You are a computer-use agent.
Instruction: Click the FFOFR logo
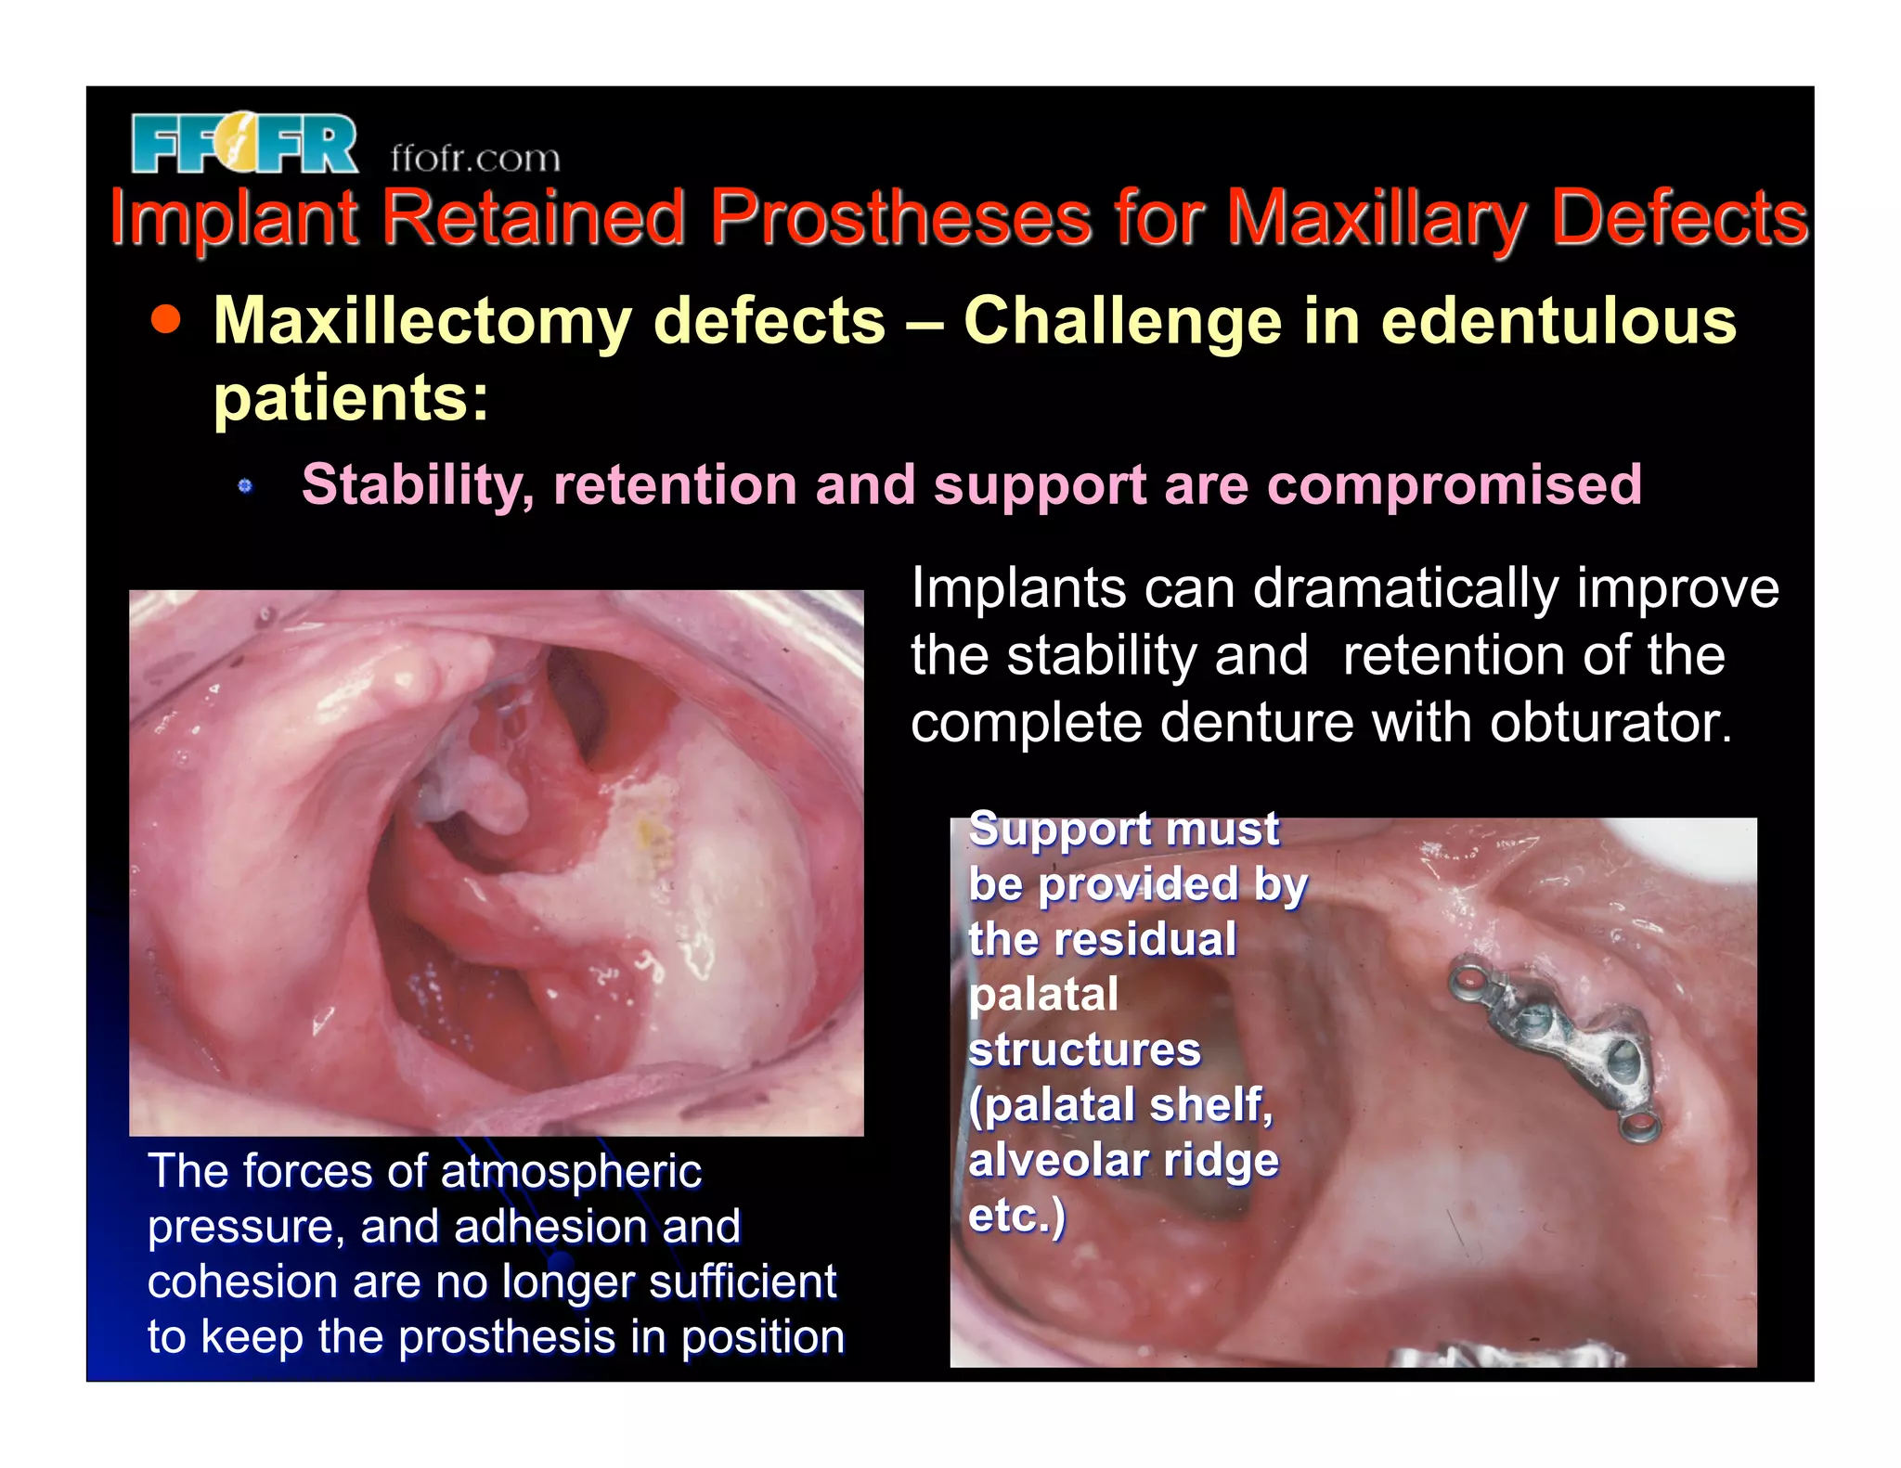click(x=244, y=144)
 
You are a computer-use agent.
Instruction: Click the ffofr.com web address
click(x=475, y=159)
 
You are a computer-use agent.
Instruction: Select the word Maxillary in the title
click(x=1377, y=220)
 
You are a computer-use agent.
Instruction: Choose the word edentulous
click(x=1558, y=321)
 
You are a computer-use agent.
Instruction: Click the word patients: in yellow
click(x=351, y=398)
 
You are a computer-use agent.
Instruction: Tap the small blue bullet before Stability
click(x=245, y=485)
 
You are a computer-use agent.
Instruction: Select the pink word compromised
click(x=1455, y=484)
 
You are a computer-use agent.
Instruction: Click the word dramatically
click(x=1405, y=588)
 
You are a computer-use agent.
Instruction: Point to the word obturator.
click(x=1610, y=722)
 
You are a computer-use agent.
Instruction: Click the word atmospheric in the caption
click(x=571, y=1171)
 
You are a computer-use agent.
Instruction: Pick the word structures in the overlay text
click(x=1084, y=1049)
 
